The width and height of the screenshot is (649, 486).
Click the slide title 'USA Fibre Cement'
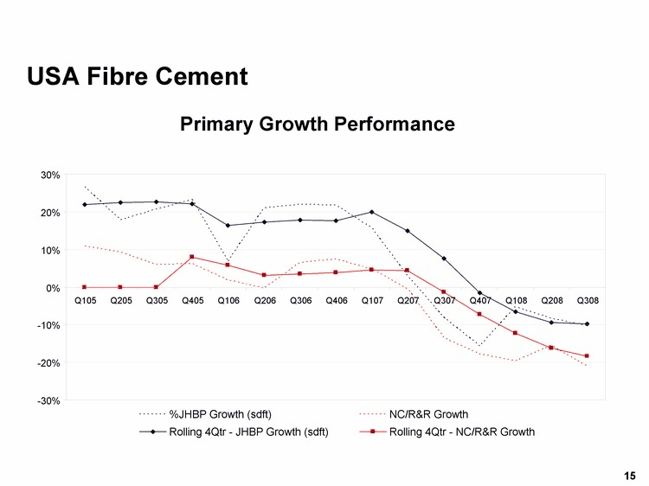138,77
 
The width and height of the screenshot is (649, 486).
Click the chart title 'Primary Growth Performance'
317,125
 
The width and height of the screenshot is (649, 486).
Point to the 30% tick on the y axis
49,175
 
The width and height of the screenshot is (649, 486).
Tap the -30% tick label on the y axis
48,400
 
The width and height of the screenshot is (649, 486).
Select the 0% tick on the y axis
52,288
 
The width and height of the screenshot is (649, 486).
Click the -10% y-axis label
48,325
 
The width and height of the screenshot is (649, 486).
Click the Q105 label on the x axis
85,301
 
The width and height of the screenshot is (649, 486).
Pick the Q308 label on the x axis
588,301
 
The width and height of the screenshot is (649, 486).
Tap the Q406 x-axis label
337,301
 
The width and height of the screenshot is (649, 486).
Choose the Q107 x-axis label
372,301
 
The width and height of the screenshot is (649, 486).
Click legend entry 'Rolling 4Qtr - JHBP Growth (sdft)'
248,432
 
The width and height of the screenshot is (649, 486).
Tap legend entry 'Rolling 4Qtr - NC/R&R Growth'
461,432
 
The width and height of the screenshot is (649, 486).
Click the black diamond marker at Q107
372,212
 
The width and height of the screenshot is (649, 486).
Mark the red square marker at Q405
192,257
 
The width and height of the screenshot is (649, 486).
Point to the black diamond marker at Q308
588,324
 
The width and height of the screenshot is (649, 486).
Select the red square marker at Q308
588,356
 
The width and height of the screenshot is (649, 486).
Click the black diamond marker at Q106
228,226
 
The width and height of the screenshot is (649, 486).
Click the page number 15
629,475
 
